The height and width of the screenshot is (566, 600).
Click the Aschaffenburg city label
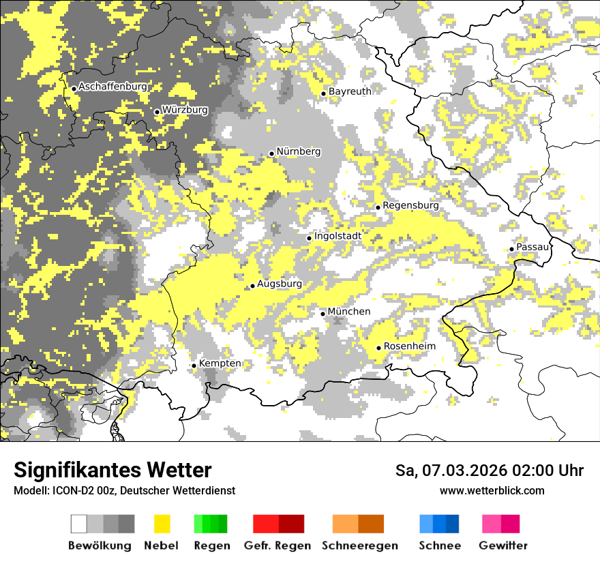[x=112, y=87]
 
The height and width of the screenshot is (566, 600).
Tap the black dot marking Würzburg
[x=157, y=112]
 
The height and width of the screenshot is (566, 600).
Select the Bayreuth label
[x=350, y=91]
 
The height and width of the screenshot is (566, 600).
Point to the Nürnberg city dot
[x=271, y=153]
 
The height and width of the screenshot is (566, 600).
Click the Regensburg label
[x=410, y=205]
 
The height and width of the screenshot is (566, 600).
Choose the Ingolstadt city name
[x=337, y=236]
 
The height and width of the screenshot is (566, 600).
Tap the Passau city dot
[x=511, y=249]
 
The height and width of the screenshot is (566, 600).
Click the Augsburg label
[x=280, y=284]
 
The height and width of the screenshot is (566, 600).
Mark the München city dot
[x=323, y=314]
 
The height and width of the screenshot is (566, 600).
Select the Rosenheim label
[x=409, y=346]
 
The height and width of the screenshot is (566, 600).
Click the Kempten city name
[x=220, y=363]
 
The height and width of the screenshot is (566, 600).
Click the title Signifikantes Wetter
[x=112, y=470]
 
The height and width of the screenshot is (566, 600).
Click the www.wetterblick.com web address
[x=492, y=490]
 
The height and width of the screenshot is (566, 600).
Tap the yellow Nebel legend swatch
[x=162, y=524]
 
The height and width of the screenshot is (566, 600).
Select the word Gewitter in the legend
[x=503, y=546]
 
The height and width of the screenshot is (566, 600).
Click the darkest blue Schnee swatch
[x=452, y=524]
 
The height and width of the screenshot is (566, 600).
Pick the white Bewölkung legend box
[x=79, y=524]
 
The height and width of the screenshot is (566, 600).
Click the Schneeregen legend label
[x=359, y=546]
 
